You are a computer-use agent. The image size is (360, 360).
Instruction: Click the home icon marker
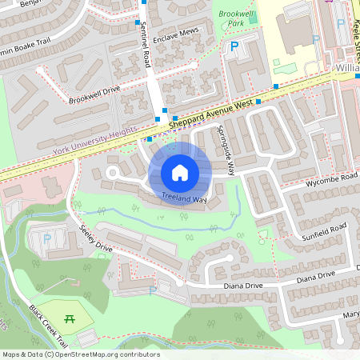point(180,172)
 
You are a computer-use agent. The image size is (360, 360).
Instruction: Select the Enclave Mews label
point(176,32)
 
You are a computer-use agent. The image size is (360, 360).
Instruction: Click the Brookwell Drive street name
point(94,95)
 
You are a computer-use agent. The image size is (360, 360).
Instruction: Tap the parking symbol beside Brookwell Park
point(234,47)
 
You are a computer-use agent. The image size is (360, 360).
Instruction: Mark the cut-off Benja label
point(28,4)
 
